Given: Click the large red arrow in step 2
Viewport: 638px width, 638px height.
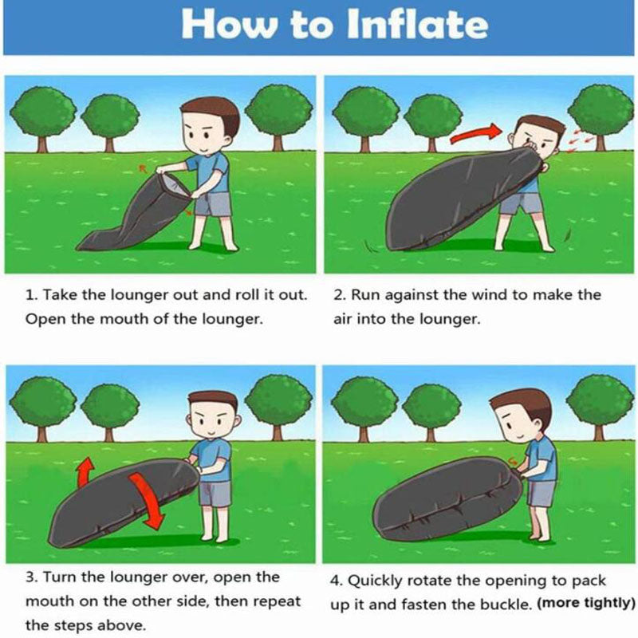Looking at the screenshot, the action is click(476, 133).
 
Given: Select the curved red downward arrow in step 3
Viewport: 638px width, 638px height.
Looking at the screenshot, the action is click(148, 501).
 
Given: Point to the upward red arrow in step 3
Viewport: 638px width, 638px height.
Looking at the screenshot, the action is click(85, 471).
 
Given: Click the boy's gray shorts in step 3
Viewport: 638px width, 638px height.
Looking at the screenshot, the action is click(215, 493).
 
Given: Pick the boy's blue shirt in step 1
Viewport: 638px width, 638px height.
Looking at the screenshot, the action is click(210, 172).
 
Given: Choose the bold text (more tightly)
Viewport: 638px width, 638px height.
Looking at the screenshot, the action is click(586, 603).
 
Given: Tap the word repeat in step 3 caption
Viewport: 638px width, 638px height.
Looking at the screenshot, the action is click(278, 602).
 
